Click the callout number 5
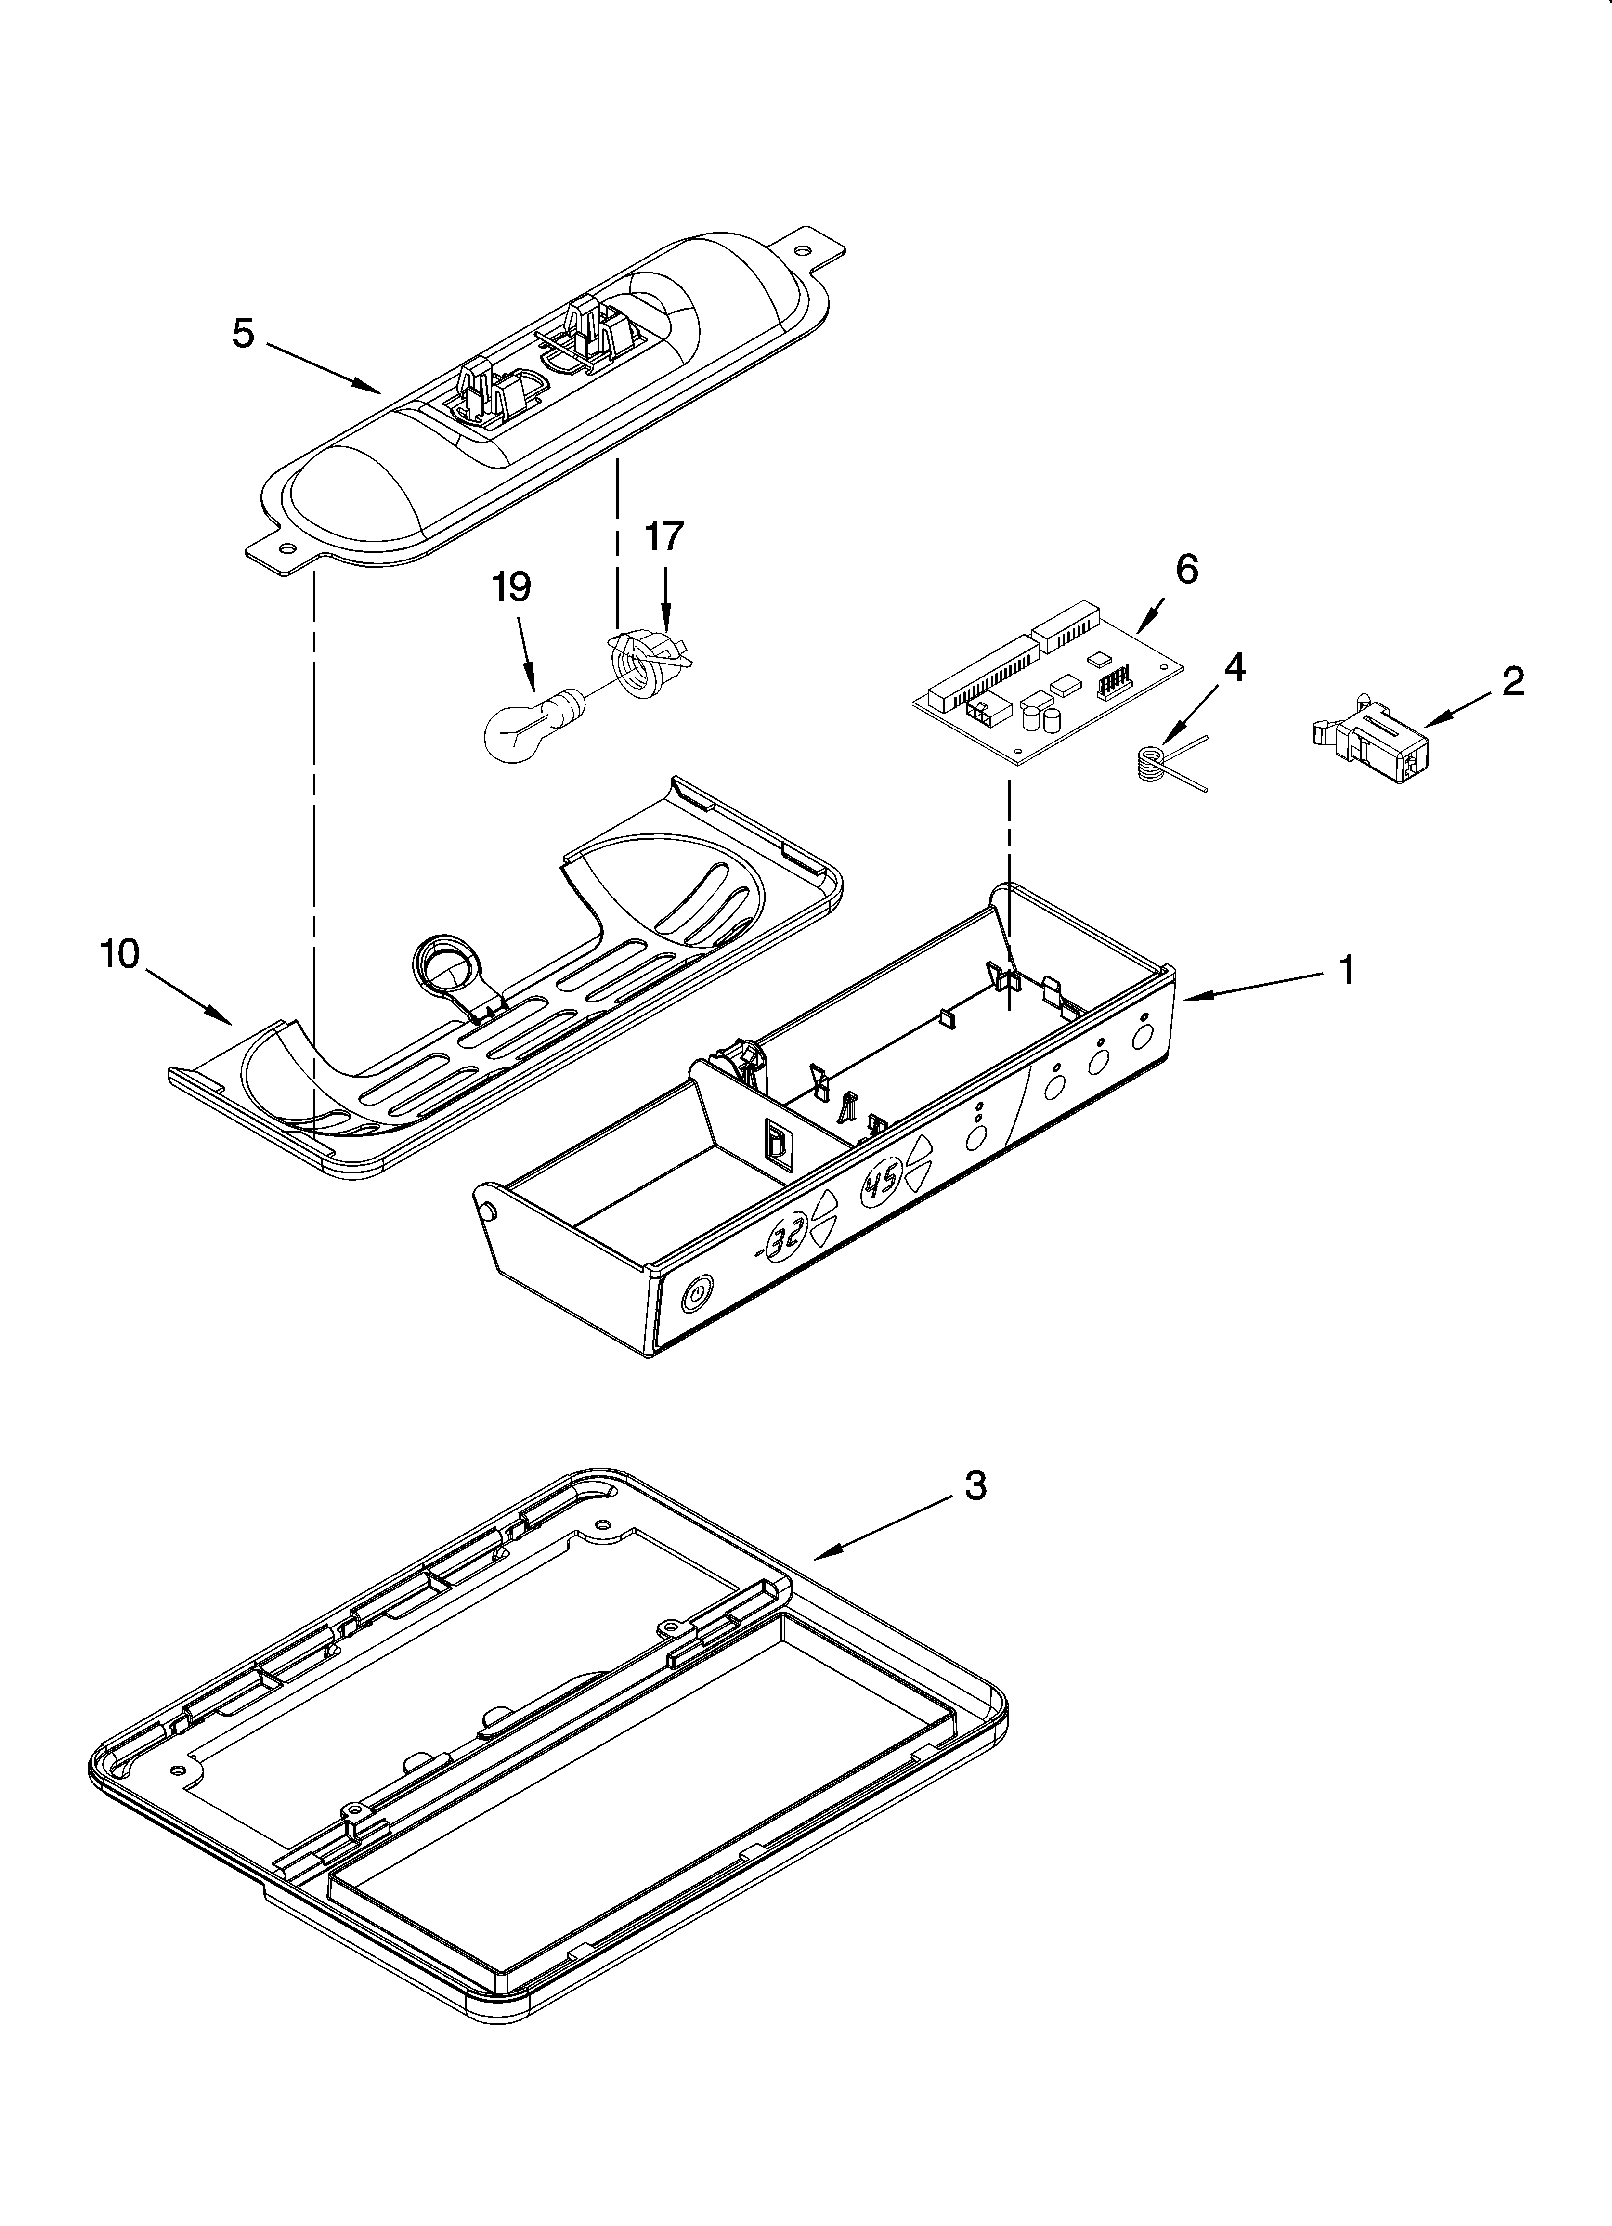point(244,335)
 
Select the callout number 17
point(663,537)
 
